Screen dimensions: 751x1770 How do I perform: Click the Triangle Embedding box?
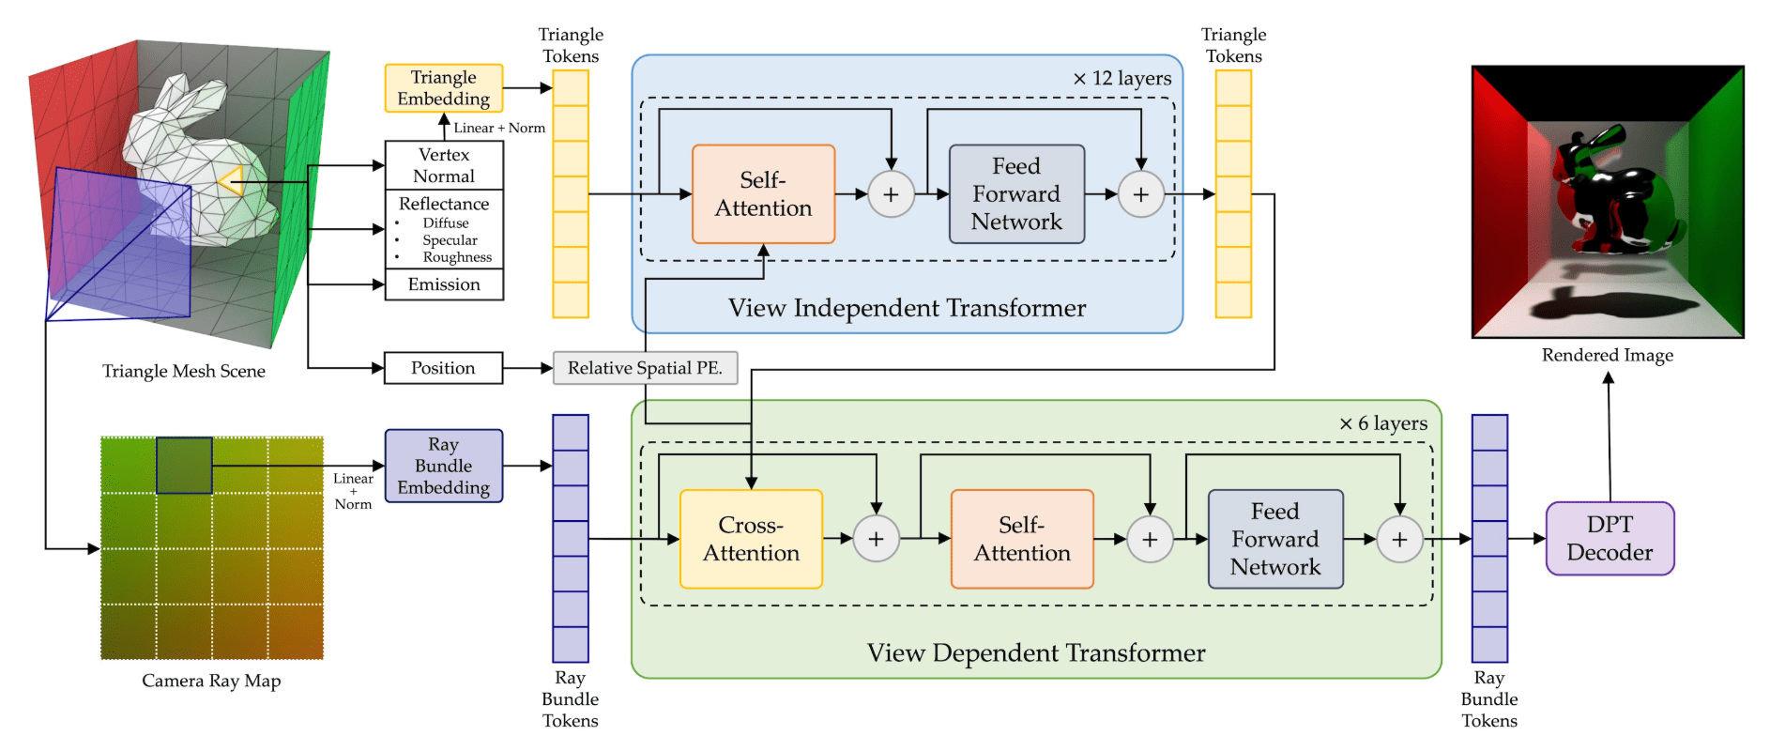(x=443, y=88)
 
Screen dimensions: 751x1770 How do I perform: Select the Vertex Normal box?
(x=444, y=165)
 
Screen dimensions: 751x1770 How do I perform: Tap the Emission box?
(x=444, y=284)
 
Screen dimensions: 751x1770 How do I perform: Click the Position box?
(x=443, y=368)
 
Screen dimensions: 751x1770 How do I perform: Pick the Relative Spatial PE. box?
(x=645, y=368)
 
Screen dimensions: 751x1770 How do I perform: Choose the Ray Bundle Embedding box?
(x=443, y=466)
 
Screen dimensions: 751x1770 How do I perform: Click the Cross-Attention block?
(x=751, y=539)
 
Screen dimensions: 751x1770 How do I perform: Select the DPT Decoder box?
(x=1610, y=538)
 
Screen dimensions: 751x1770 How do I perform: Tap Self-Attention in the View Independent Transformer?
(x=763, y=194)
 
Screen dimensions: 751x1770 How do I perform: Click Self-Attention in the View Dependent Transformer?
(x=1022, y=539)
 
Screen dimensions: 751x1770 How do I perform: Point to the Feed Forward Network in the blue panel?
(x=1016, y=194)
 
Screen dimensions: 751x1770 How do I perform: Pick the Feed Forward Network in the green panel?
(x=1275, y=539)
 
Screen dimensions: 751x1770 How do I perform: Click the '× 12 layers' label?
(x=1122, y=79)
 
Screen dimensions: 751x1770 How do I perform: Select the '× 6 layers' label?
(x=1383, y=424)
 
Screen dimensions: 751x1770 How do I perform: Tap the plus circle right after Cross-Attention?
(x=876, y=539)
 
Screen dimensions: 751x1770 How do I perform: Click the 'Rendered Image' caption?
(x=1607, y=356)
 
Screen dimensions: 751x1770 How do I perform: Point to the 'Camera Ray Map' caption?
(x=211, y=681)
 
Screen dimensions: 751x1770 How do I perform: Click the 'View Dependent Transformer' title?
(x=1036, y=653)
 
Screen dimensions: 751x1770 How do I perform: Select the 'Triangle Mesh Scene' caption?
(x=184, y=372)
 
